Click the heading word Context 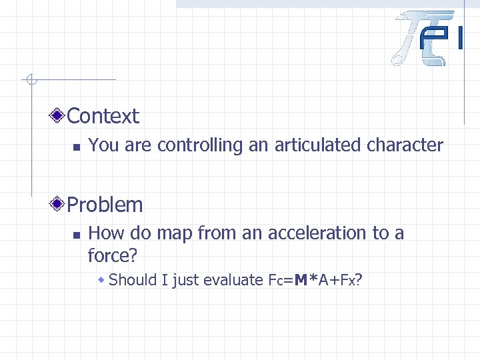point(103,116)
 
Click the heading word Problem point(105,205)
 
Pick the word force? point(111,255)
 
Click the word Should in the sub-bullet point(133,280)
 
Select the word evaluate point(232,280)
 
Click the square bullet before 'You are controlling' point(76,147)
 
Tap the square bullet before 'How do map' point(76,235)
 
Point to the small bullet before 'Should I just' point(101,280)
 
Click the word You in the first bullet point(101,145)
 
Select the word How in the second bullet point(103,233)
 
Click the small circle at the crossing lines point(29,81)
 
